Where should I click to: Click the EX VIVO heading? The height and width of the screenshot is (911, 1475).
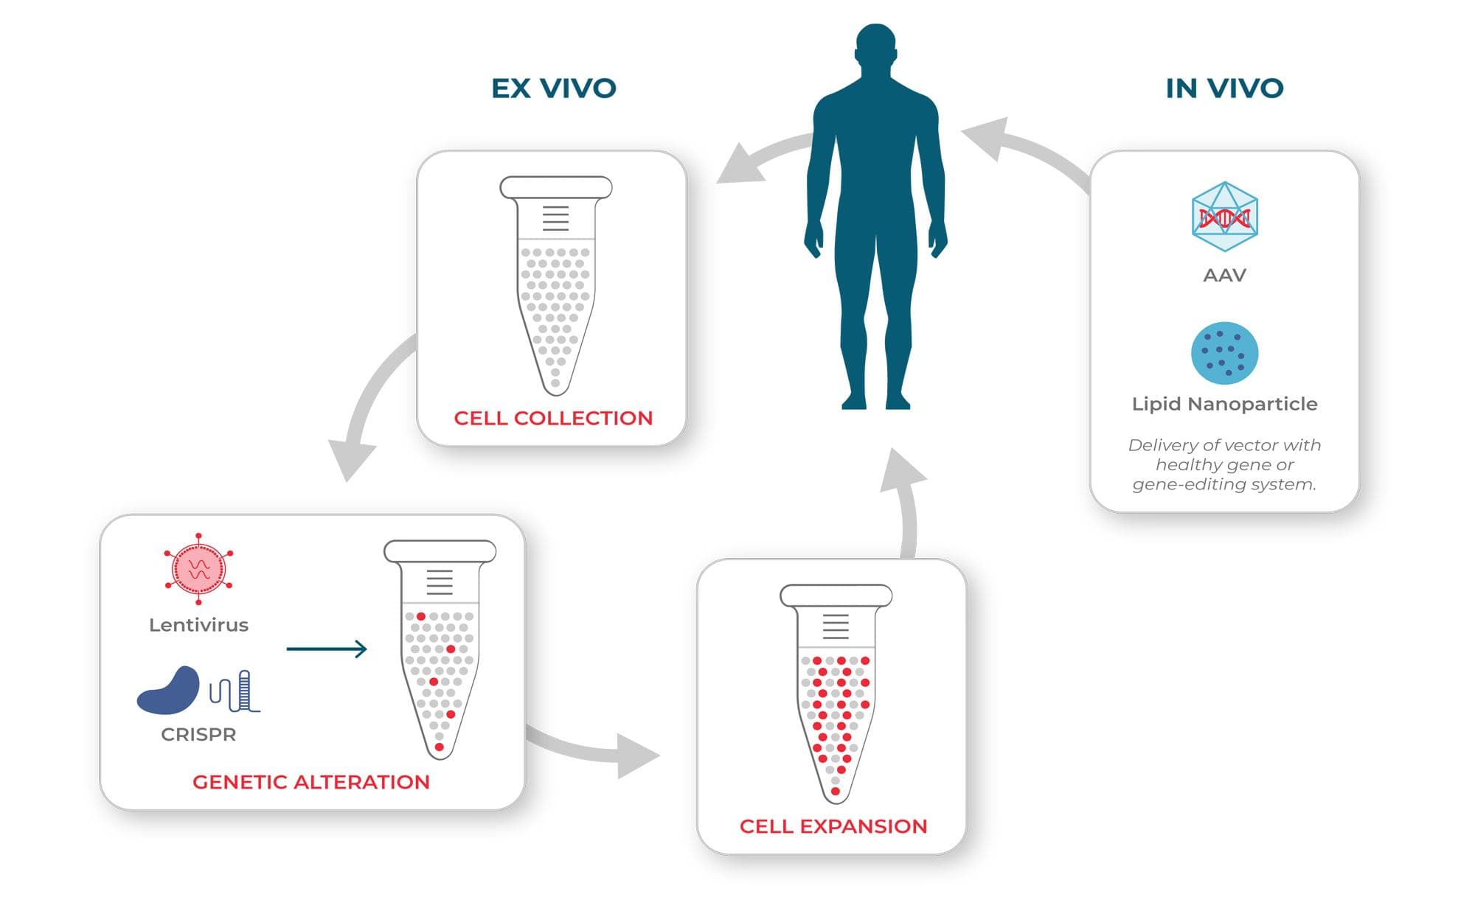tap(553, 88)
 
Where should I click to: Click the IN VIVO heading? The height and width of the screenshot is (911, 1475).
tap(1224, 88)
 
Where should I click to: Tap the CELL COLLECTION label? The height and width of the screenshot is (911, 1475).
tap(553, 418)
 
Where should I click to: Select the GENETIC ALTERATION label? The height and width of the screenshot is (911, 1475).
tap(310, 782)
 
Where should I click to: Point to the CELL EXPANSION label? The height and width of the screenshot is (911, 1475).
tap(833, 826)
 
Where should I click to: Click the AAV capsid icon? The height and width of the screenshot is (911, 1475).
tap(1224, 217)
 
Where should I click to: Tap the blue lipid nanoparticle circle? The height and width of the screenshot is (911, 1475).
tap(1224, 353)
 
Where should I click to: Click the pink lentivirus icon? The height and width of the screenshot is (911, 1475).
tap(198, 569)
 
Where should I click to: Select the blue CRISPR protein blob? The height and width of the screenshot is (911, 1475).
tap(169, 691)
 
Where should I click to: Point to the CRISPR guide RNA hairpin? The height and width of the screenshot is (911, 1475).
tap(236, 692)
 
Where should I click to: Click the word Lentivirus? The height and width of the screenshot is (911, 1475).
tap(198, 625)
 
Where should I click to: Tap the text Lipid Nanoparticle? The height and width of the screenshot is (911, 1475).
tap(1224, 404)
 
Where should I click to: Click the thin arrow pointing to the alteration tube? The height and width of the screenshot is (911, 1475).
tap(326, 649)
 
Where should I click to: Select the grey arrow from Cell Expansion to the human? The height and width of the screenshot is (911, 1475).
tap(906, 501)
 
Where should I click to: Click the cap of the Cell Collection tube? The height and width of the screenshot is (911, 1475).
tap(556, 187)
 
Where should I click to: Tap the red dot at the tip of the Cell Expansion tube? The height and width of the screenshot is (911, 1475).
tap(835, 792)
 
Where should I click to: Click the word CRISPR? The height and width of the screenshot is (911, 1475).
tap(198, 735)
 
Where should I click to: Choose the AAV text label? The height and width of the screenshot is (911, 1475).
tap(1224, 276)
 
